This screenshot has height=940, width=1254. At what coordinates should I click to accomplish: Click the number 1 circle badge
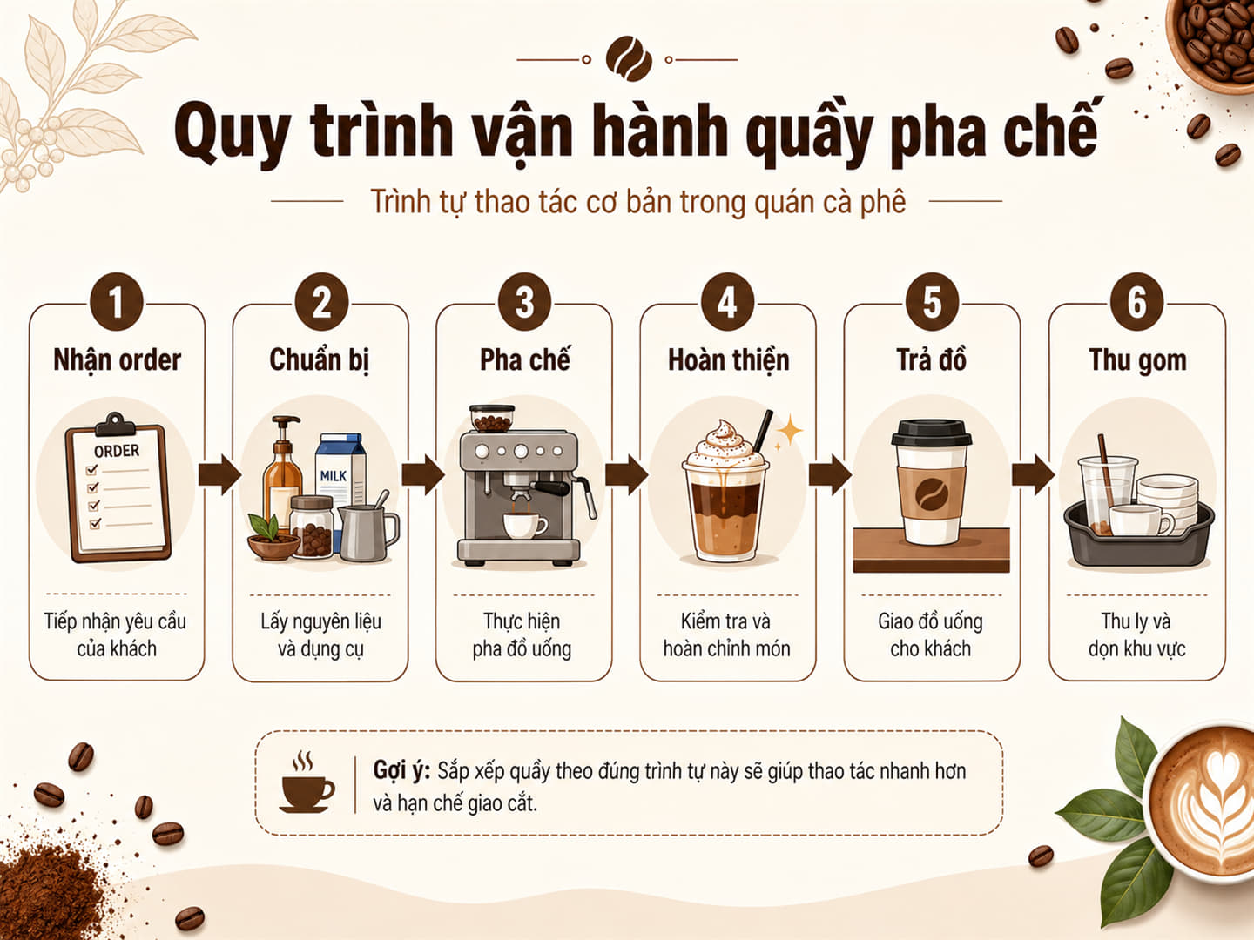point(117,302)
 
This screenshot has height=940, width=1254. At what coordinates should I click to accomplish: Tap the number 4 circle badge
point(727,302)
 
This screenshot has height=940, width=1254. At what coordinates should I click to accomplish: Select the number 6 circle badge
point(1137,302)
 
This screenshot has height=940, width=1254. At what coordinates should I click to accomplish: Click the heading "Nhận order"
point(117,360)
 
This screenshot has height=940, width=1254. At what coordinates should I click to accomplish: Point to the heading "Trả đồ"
point(931,359)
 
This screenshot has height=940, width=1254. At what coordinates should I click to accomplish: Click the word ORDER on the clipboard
point(117,451)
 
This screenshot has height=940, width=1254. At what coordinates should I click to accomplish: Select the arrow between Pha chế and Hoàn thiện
point(627,473)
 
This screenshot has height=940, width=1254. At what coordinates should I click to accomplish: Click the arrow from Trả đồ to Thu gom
point(1034,473)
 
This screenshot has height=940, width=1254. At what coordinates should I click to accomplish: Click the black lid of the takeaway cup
point(931,433)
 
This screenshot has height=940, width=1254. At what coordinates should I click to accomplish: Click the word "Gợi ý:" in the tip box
point(401,770)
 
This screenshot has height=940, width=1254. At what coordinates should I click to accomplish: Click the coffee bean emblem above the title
point(629,59)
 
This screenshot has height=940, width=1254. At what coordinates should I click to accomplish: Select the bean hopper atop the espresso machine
point(492,419)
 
